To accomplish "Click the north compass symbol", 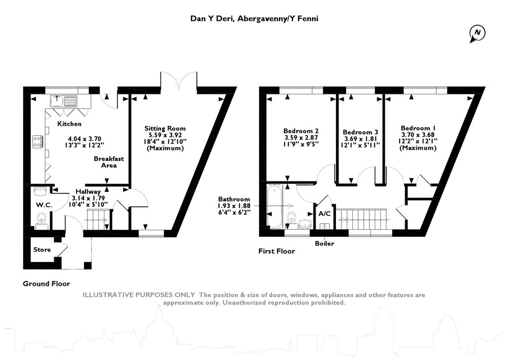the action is [x=477, y=33].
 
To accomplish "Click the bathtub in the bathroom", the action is [x=275, y=206].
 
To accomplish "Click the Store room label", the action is [x=42, y=250].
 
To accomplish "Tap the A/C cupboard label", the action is [x=325, y=214].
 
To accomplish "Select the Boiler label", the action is [x=325, y=244].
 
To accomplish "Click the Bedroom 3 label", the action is [x=361, y=132].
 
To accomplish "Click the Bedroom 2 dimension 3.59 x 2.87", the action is [x=301, y=138].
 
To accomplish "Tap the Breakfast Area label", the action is [x=109, y=162].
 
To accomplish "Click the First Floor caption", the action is [x=276, y=251].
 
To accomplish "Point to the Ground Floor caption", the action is [x=46, y=284].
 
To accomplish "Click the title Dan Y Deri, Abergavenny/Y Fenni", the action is [x=254, y=19].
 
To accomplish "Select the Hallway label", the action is [x=88, y=191].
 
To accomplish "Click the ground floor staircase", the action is [x=98, y=219].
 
